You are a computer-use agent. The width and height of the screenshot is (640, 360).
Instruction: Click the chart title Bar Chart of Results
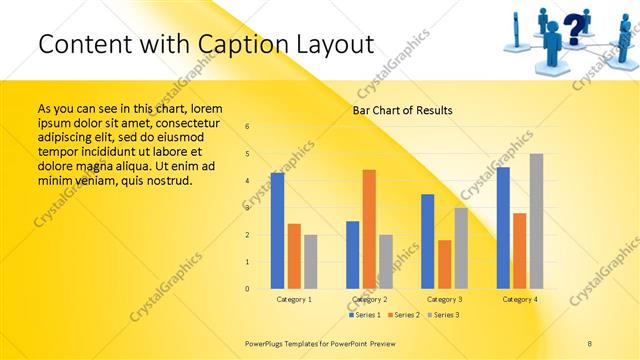click(x=402, y=110)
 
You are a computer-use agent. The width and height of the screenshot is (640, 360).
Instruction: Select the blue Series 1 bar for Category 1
click(x=277, y=231)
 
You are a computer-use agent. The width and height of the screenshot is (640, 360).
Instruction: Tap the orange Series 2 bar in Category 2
click(x=369, y=229)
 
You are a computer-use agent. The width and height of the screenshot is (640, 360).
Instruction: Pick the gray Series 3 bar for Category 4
click(x=536, y=221)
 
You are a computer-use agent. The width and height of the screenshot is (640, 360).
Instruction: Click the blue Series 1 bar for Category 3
click(x=428, y=241)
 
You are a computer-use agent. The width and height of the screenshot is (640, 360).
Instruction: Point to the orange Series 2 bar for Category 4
click(x=519, y=251)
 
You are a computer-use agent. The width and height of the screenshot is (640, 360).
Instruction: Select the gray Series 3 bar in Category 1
click(x=311, y=262)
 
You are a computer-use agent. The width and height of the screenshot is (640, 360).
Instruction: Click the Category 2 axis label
click(x=370, y=299)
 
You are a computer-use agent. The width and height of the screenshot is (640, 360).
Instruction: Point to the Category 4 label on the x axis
click(x=520, y=299)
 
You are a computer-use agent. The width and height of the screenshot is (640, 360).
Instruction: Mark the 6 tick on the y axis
click(x=248, y=127)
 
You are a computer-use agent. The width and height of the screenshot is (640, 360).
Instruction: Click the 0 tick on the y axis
click(x=248, y=289)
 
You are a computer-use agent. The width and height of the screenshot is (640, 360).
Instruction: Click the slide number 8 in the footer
click(x=590, y=343)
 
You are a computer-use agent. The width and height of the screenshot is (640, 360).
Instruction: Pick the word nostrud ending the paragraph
click(x=168, y=180)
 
